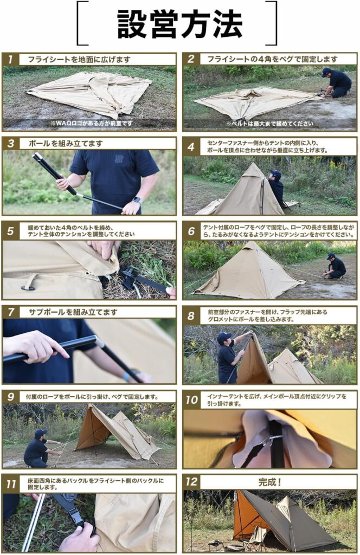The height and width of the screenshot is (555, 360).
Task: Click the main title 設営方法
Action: click(180, 23)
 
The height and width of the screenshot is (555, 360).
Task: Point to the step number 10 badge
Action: click(191, 400)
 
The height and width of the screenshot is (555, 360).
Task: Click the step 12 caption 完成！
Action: click(270, 482)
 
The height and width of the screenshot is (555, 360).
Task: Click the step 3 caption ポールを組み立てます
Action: click(66, 144)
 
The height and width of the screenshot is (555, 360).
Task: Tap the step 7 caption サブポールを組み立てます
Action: click(73, 312)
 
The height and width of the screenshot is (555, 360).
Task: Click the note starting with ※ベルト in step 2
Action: click(270, 124)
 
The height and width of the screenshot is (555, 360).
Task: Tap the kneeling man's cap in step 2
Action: click(326, 70)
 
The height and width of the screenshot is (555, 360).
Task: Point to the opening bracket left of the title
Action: click(82, 23)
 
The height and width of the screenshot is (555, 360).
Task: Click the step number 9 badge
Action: click(11, 397)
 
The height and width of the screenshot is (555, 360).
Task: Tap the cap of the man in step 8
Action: click(224, 335)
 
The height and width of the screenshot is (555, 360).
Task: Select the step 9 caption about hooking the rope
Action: click(92, 397)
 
